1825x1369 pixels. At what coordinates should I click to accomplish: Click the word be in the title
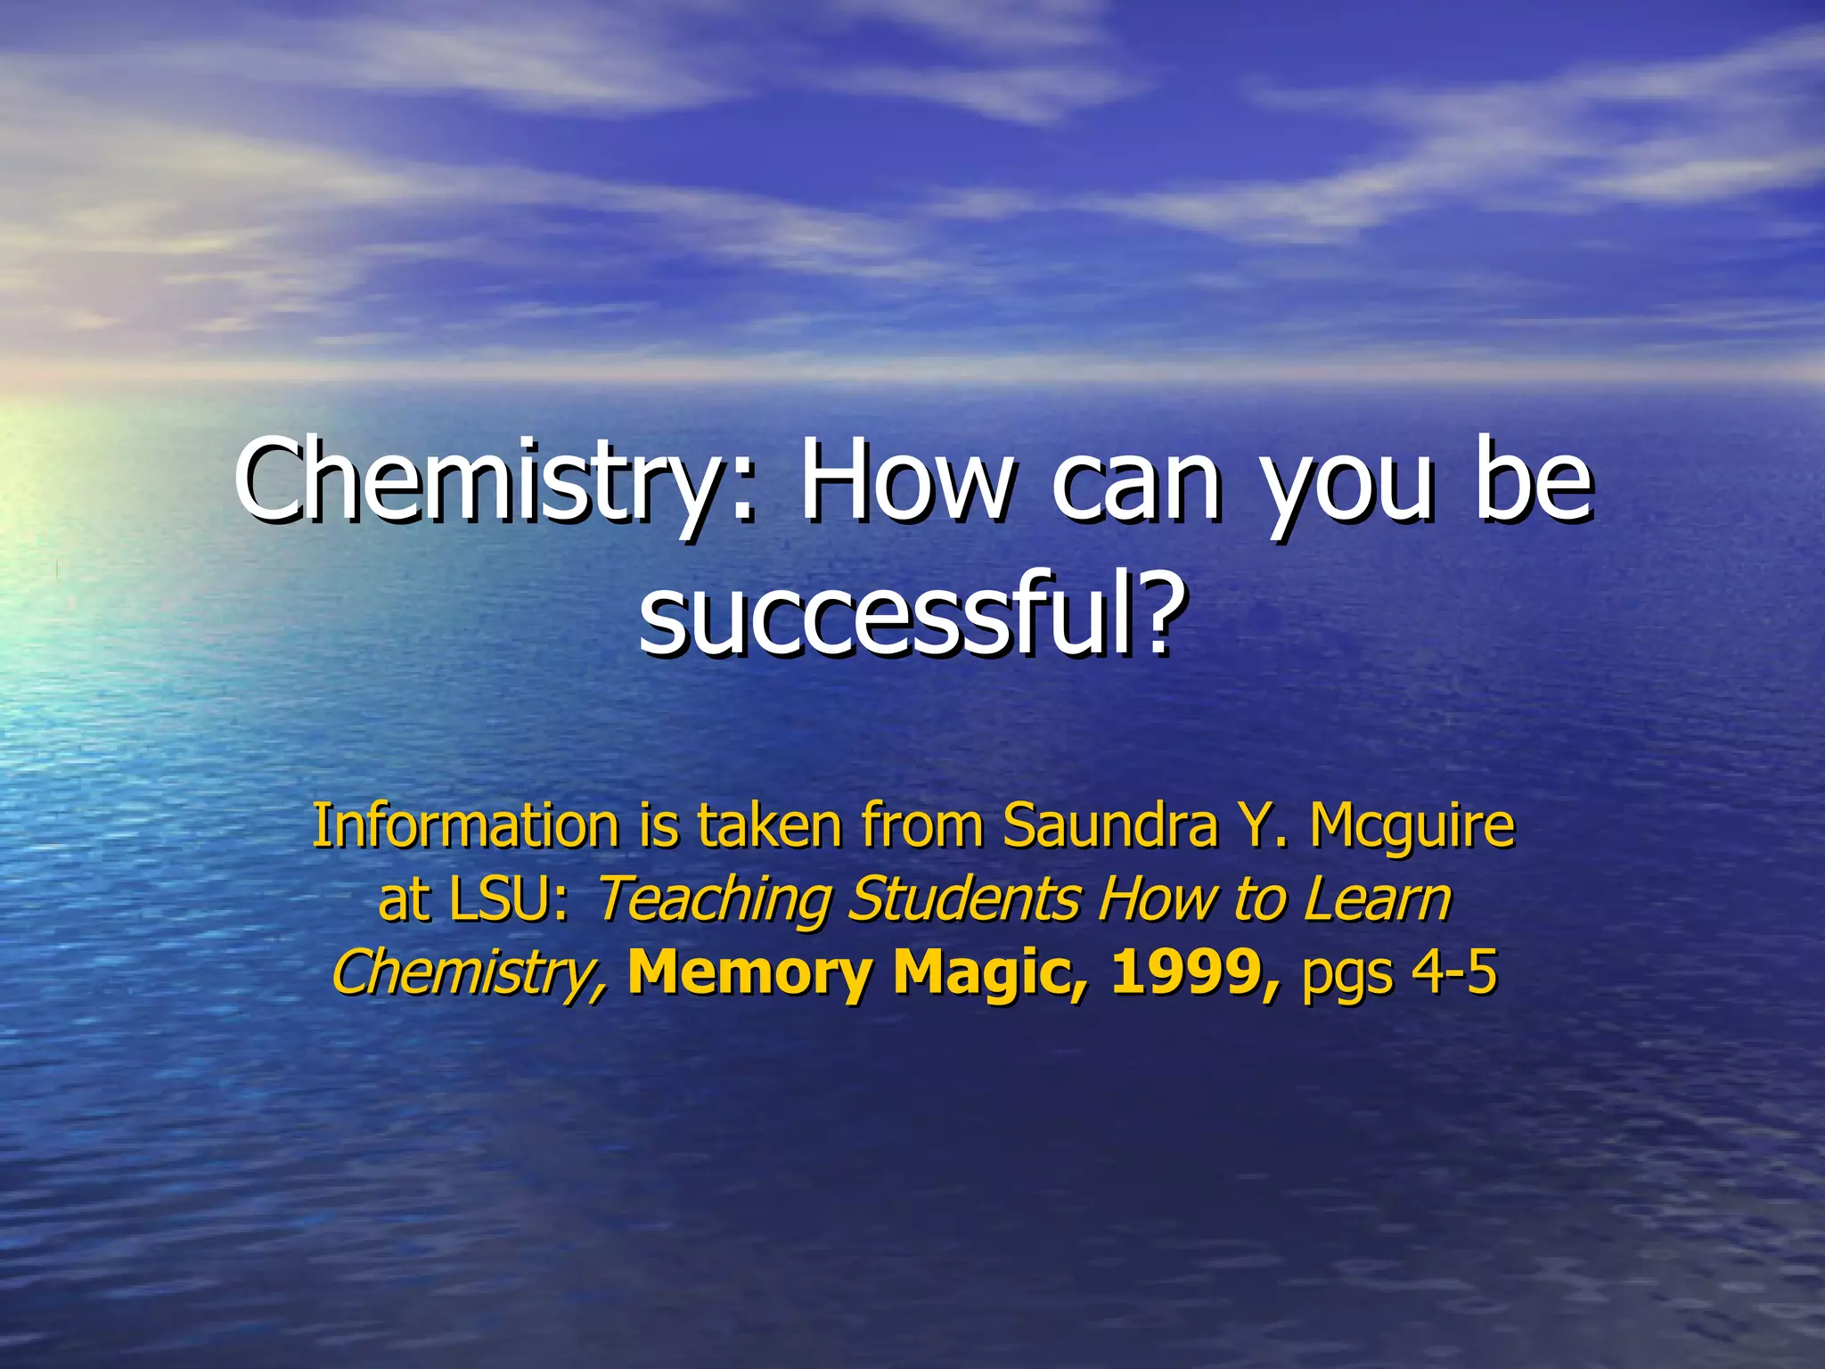pos(1532,481)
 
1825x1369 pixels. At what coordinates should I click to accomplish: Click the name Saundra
pos(1110,825)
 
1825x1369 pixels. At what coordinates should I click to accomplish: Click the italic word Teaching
pos(712,900)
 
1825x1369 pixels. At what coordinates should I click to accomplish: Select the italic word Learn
pos(1378,899)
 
